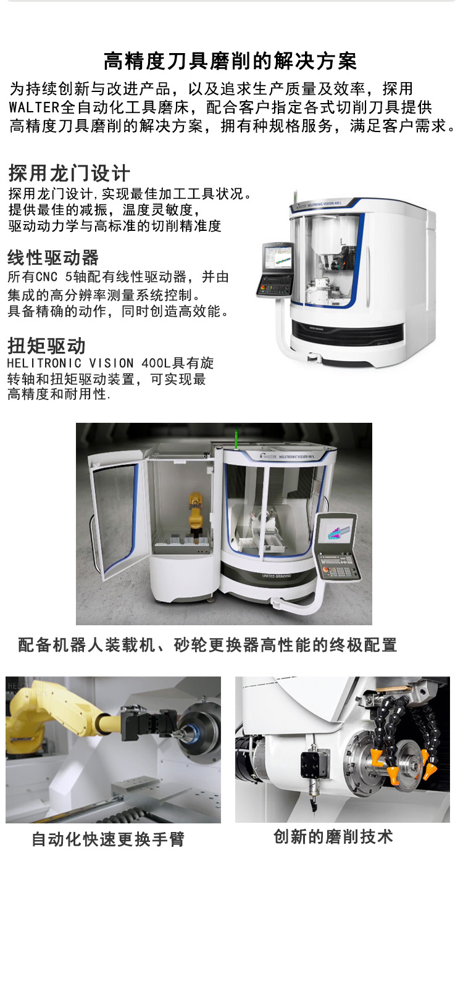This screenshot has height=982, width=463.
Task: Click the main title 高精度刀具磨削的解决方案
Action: [x=230, y=61]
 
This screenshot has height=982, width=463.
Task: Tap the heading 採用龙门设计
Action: [x=69, y=173]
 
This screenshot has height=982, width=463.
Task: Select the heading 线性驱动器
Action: [x=53, y=257]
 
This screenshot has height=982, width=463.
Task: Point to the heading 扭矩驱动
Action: [x=46, y=346]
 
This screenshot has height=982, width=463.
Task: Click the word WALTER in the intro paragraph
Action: [x=34, y=107]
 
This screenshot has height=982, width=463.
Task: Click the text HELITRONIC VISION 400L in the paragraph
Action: [x=88, y=364]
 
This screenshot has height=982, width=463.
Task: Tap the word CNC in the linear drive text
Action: [x=46, y=277]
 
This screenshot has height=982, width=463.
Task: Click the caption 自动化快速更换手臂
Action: [x=108, y=839]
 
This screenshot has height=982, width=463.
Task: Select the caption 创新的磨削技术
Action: [x=333, y=836]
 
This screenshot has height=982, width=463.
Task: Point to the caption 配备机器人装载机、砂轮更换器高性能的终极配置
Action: [x=207, y=645]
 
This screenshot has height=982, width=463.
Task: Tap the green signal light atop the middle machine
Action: [x=237, y=438]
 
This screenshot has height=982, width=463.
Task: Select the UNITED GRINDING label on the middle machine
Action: [x=276, y=576]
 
